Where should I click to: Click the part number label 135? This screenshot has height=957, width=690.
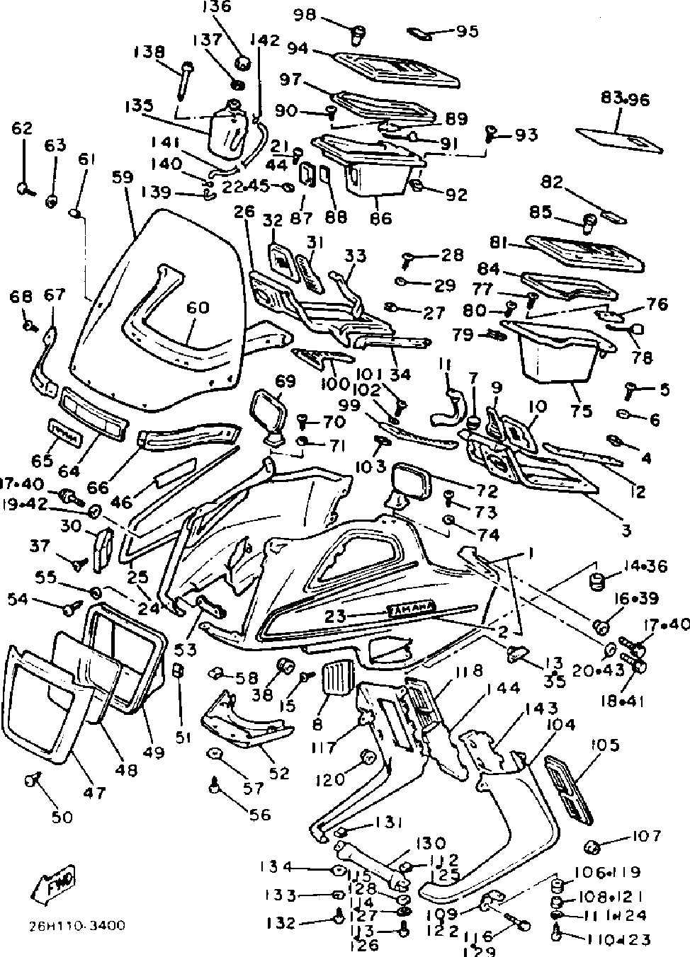click(x=139, y=105)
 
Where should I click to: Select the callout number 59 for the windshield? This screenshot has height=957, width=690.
click(x=122, y=176)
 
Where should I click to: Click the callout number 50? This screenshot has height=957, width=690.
click(x=62, y=817)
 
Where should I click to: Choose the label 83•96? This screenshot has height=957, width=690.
click(x=624, y=99)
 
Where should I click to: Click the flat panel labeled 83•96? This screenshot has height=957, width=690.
click(x=620, y=139)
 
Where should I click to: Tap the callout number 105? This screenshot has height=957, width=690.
click(x=604, y=745)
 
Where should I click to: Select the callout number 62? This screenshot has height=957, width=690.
click(x=22, y=128)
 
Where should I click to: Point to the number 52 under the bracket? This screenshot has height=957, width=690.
click(x=280, y=773)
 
